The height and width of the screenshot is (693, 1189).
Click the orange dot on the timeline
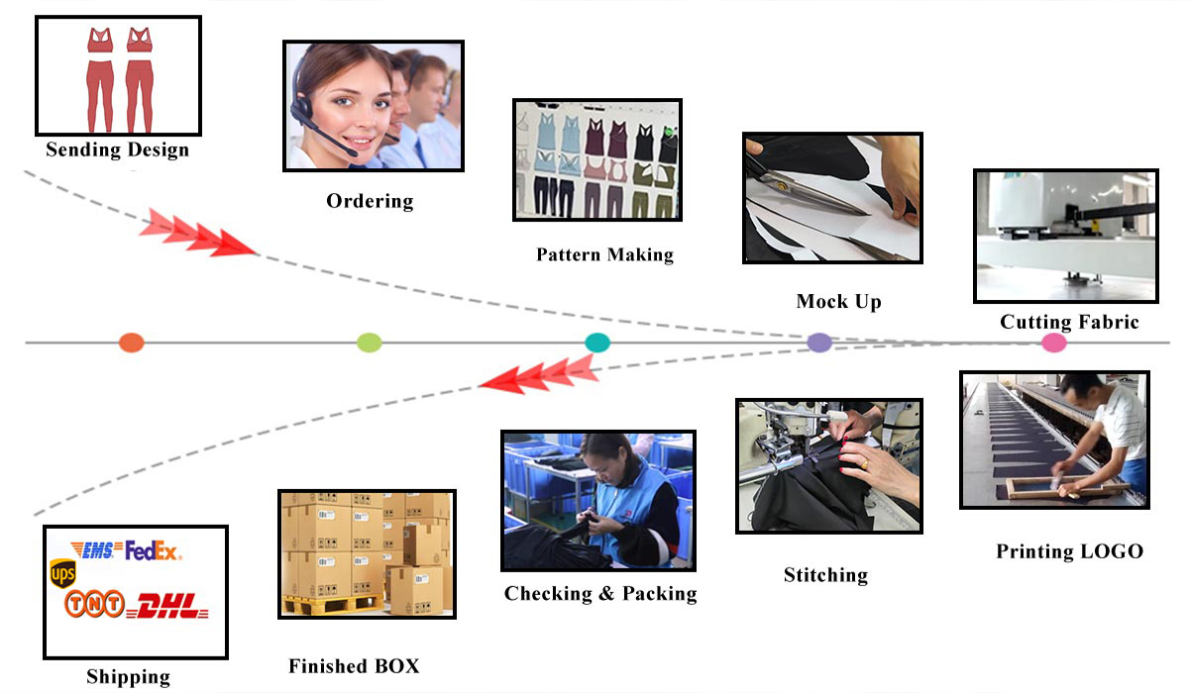pyautogui.click(x=131, y=344)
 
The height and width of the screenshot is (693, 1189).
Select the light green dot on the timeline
pyautogui.click(x=369, y=344)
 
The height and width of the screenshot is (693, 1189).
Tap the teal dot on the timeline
pyautogui.click(x=597, y=344)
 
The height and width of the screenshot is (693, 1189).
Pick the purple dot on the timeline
pyautogui.click(x=819, y=344)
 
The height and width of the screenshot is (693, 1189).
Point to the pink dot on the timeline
pyautogui.click(x=1054, y=344)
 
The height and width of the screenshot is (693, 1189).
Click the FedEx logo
pyautogui.click(x=153, y=551)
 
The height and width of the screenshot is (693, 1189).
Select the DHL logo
pyautogui.click(x=170, y=606)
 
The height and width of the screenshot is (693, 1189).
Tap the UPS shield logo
pyautogui.click(x=63, y=573)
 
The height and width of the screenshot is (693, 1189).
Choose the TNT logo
pyautogui.click(x=94, y=603)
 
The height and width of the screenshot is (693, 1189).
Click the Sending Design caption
pyautogui.click(x=117, y=150)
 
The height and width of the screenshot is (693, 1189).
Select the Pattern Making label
pyautogui.click(x=604, y=254)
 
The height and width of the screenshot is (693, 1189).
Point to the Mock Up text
pyautogui.click(x=838, y=301)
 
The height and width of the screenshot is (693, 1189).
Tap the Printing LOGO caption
pyautogui.click(x=1069, y=551)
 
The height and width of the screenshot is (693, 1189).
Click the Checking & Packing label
pyautogui.click(x=600, y=594)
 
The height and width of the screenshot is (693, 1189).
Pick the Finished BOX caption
pyautogui.click(x=354, y=666)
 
